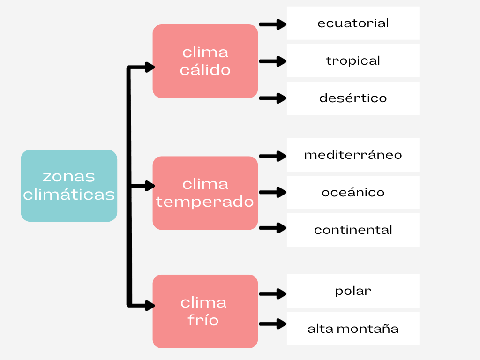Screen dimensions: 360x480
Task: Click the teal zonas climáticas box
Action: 69,186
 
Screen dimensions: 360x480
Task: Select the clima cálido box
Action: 205,61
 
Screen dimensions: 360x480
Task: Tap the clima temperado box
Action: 205,193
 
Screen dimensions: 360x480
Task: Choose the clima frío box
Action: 205,311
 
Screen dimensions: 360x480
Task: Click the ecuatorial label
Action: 353,23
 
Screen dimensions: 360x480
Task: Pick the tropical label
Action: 353,60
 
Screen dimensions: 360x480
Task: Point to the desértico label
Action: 353,98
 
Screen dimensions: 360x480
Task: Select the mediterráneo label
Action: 353,155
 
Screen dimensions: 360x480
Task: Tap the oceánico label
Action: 353,192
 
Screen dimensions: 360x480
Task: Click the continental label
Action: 353,230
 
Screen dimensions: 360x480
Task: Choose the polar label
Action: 353,291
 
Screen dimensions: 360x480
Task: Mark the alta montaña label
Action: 353,328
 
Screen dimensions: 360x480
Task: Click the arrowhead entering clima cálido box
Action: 150,67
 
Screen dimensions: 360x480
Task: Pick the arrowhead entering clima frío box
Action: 150,306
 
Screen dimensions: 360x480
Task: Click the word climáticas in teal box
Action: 69,195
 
